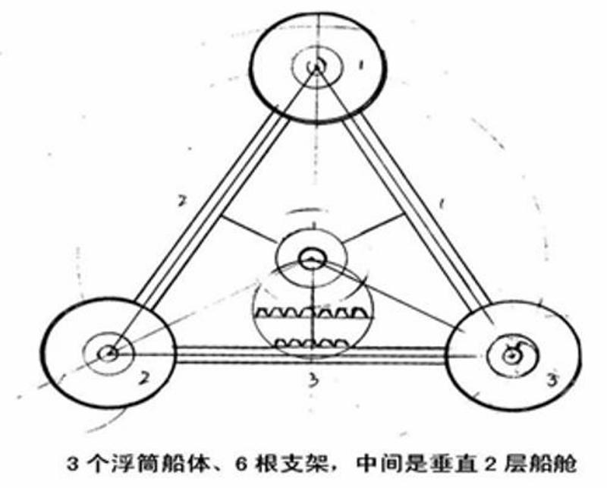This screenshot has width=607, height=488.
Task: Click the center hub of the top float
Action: point(316,67)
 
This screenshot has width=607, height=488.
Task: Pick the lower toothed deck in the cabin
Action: point(312,343)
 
